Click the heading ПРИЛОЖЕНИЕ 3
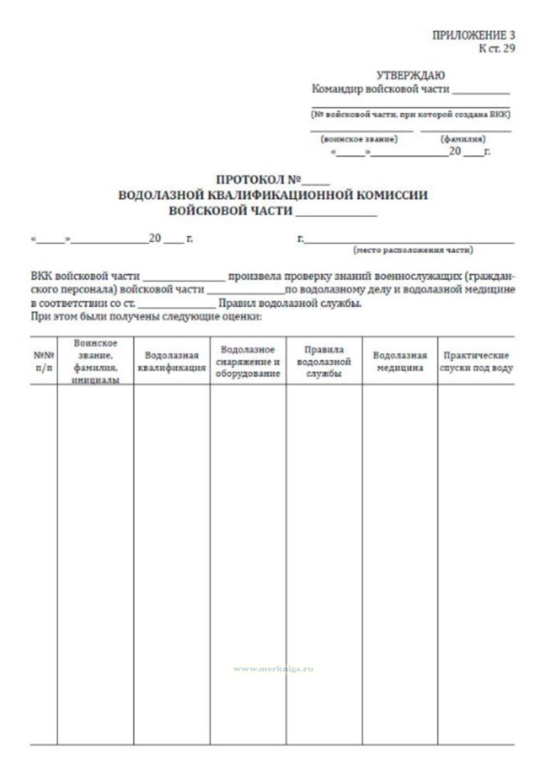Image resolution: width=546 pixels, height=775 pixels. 473,35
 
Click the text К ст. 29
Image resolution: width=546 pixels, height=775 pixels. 497,48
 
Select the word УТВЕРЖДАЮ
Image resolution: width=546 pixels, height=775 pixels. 410,75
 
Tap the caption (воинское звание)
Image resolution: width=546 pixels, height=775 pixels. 359,139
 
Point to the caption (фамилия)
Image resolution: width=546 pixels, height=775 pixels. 463,139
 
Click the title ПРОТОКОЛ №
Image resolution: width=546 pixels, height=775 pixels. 258,180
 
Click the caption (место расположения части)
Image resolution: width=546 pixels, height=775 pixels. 413,250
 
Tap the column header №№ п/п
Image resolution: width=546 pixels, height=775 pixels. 44,361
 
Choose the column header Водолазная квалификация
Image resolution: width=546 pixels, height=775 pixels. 171,361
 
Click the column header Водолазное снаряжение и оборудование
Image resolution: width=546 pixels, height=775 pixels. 248,361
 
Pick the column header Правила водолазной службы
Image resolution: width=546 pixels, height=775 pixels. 324,361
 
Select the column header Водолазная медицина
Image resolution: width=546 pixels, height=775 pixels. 400,361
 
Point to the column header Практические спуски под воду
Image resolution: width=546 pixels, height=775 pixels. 476,361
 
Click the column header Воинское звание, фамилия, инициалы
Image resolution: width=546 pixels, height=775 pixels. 95,361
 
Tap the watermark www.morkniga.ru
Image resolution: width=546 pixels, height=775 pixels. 273,669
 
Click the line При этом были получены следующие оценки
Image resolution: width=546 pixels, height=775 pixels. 146,316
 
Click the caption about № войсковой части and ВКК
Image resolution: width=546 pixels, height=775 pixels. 410,114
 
